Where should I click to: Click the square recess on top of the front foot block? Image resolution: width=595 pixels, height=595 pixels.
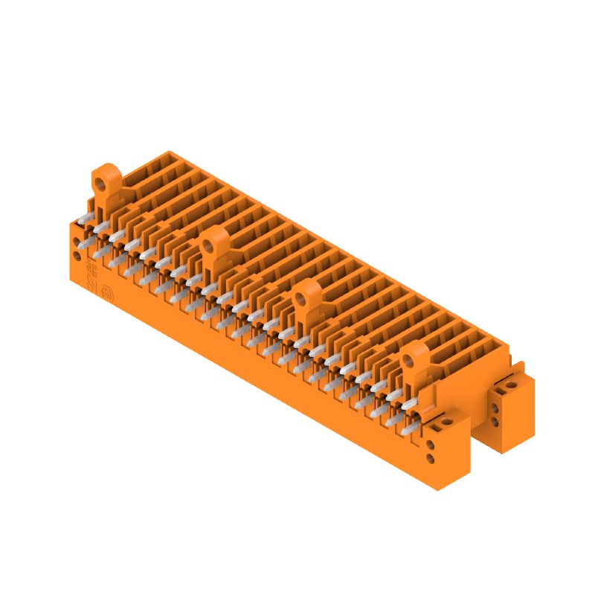pyautogui.click(x=430, y=428)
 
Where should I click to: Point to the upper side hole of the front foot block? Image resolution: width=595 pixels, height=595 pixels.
pyautogui.click(x=431, y=446)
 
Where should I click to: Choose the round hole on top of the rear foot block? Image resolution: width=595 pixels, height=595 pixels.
pyautogui.click(x=511, y=387)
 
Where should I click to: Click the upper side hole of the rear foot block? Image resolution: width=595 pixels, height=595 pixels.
pyautogui.click(x=496, y=408)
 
